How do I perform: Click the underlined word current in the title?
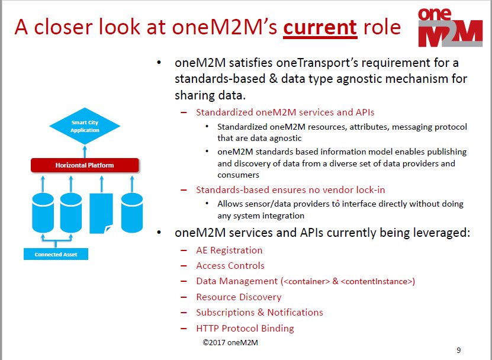(320, 27)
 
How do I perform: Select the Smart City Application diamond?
(85, 126)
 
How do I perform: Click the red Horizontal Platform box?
(85, 165)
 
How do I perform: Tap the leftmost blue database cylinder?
(42, 211)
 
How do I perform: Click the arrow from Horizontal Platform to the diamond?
(85, 150)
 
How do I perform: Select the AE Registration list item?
(229, 250)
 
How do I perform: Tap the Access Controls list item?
(230, 266)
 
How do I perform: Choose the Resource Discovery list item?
(239, 297)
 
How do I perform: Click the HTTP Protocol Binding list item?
(245, 328)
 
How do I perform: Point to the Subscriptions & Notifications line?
(259, 313)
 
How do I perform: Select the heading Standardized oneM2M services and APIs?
(285, 112)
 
